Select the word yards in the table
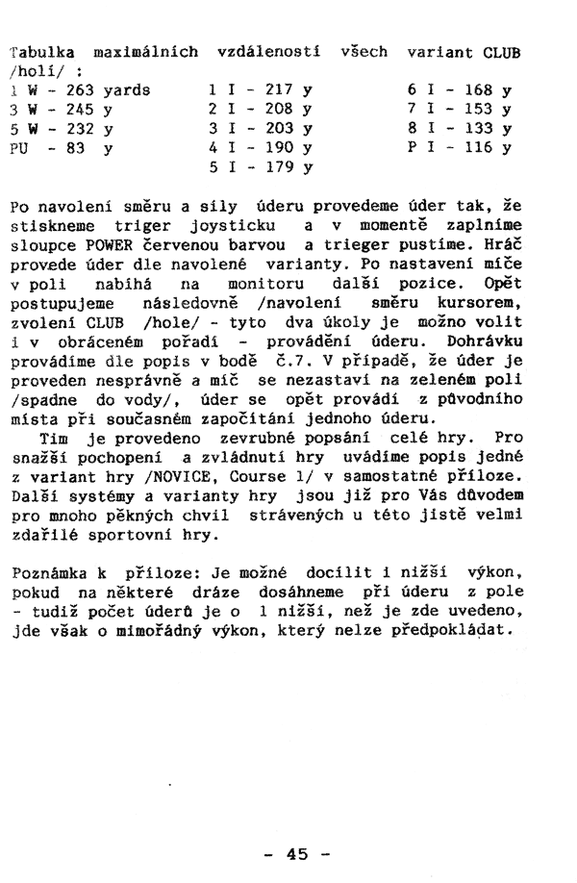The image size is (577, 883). (x=128, y=89)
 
